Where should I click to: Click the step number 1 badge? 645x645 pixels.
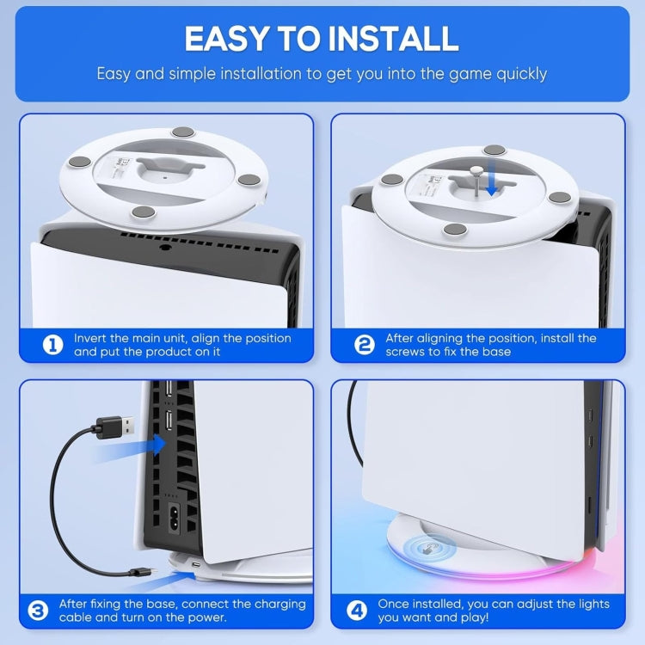53,345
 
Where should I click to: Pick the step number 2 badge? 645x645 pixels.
365,345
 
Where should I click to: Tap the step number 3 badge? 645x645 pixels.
38,611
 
